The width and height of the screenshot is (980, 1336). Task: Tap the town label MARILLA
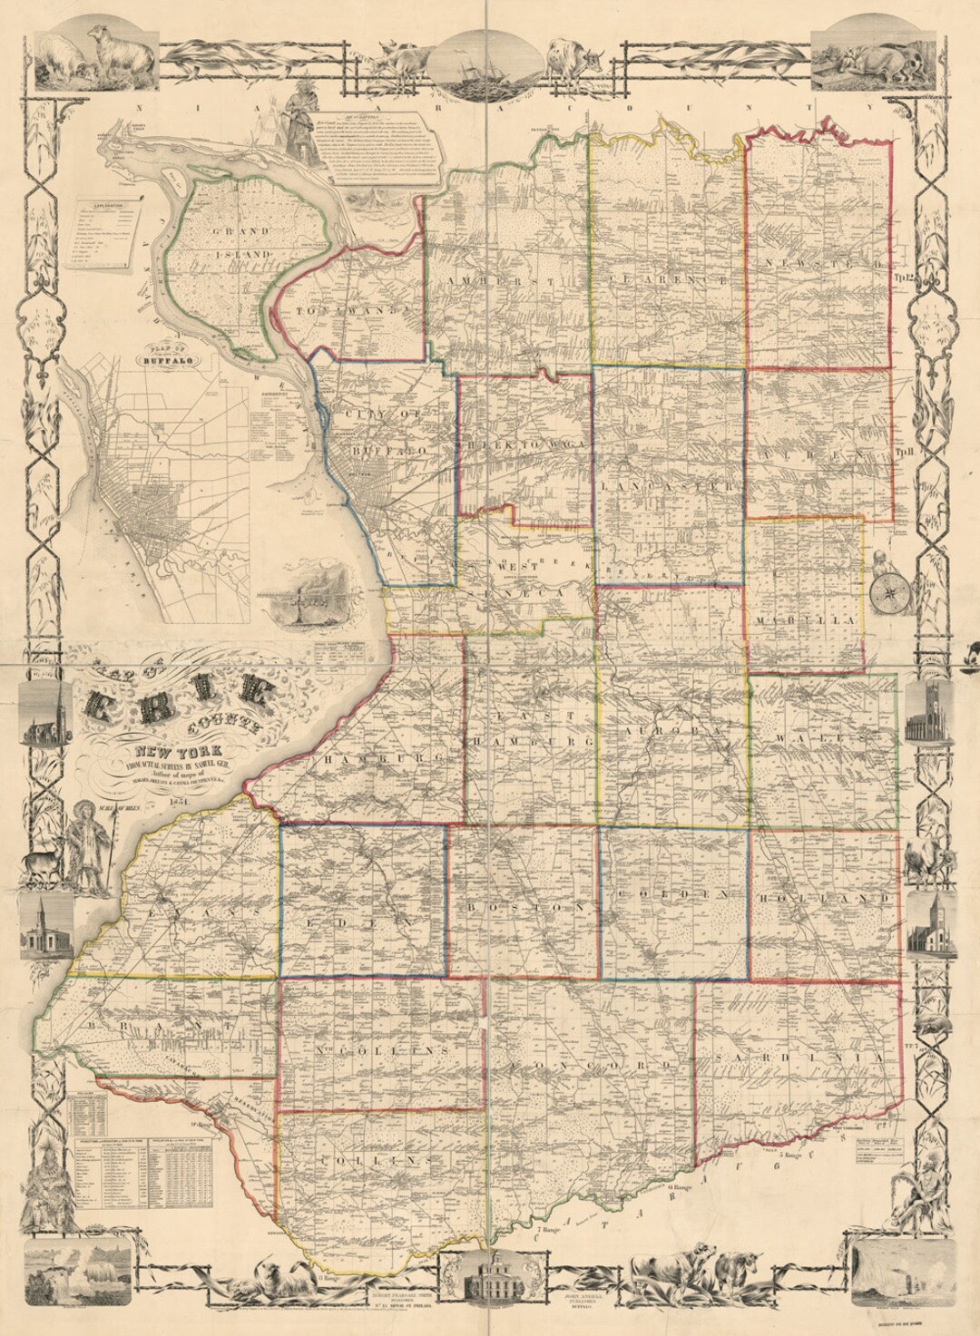click(x=804, y=619)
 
